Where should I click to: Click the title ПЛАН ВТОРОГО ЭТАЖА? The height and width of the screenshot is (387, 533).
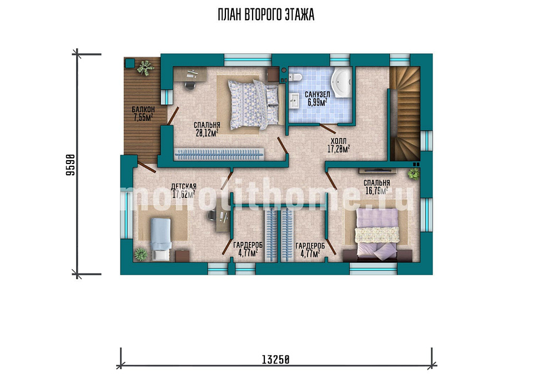tap(266, 15)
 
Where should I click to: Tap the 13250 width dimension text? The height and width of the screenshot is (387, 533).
tap(275, 359)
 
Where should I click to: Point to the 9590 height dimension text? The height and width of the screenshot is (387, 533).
tap(70, 165)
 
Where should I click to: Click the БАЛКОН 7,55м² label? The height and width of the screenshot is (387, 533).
tap(143, 113)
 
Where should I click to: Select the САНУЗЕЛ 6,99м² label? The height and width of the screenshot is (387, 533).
tap(317, 98)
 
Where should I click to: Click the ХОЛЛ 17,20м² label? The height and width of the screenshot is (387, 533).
tap(339, 145)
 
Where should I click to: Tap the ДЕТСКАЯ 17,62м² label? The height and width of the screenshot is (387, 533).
tap(184, 191)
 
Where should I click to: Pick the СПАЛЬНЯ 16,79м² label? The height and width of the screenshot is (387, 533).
tap(376, 187)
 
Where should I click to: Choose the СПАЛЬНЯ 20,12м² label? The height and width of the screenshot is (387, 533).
tap(207, 129)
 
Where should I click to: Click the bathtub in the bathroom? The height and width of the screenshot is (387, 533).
tap(341, 82)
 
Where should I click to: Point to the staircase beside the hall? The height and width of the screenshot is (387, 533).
tap(405, 113)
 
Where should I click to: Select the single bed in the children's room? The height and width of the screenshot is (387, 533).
tap(160, 239)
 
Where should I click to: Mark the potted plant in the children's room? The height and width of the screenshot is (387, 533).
tap(140, 254)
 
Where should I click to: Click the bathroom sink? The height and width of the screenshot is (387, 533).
tap(294, 101)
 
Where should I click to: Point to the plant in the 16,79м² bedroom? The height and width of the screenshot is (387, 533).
tap(414, 174)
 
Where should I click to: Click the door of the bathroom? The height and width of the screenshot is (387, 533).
tap(328, 128)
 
